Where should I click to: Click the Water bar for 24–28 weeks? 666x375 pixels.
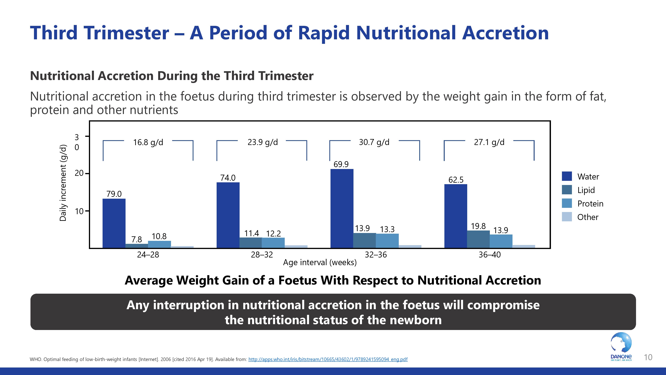tap(114, 223)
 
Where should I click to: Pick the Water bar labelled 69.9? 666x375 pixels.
tap(342, 208)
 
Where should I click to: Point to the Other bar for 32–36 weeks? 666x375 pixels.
tap(410, 246)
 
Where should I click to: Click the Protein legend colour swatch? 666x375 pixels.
tap(567, 203)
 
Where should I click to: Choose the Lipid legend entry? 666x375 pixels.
tap(586, 190)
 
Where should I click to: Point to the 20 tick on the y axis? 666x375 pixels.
tap(79, 173)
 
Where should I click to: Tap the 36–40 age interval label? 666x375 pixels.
tap(489, 255)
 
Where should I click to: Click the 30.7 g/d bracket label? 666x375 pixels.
tap(374, 142)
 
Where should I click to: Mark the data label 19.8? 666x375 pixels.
tap(478, 226)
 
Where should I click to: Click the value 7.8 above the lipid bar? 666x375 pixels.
tap(137, 239)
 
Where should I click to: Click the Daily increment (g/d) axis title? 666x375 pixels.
tap(63, 183)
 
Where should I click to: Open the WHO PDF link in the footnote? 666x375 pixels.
tap(328, 359)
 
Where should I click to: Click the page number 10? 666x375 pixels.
tap(648, 357)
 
